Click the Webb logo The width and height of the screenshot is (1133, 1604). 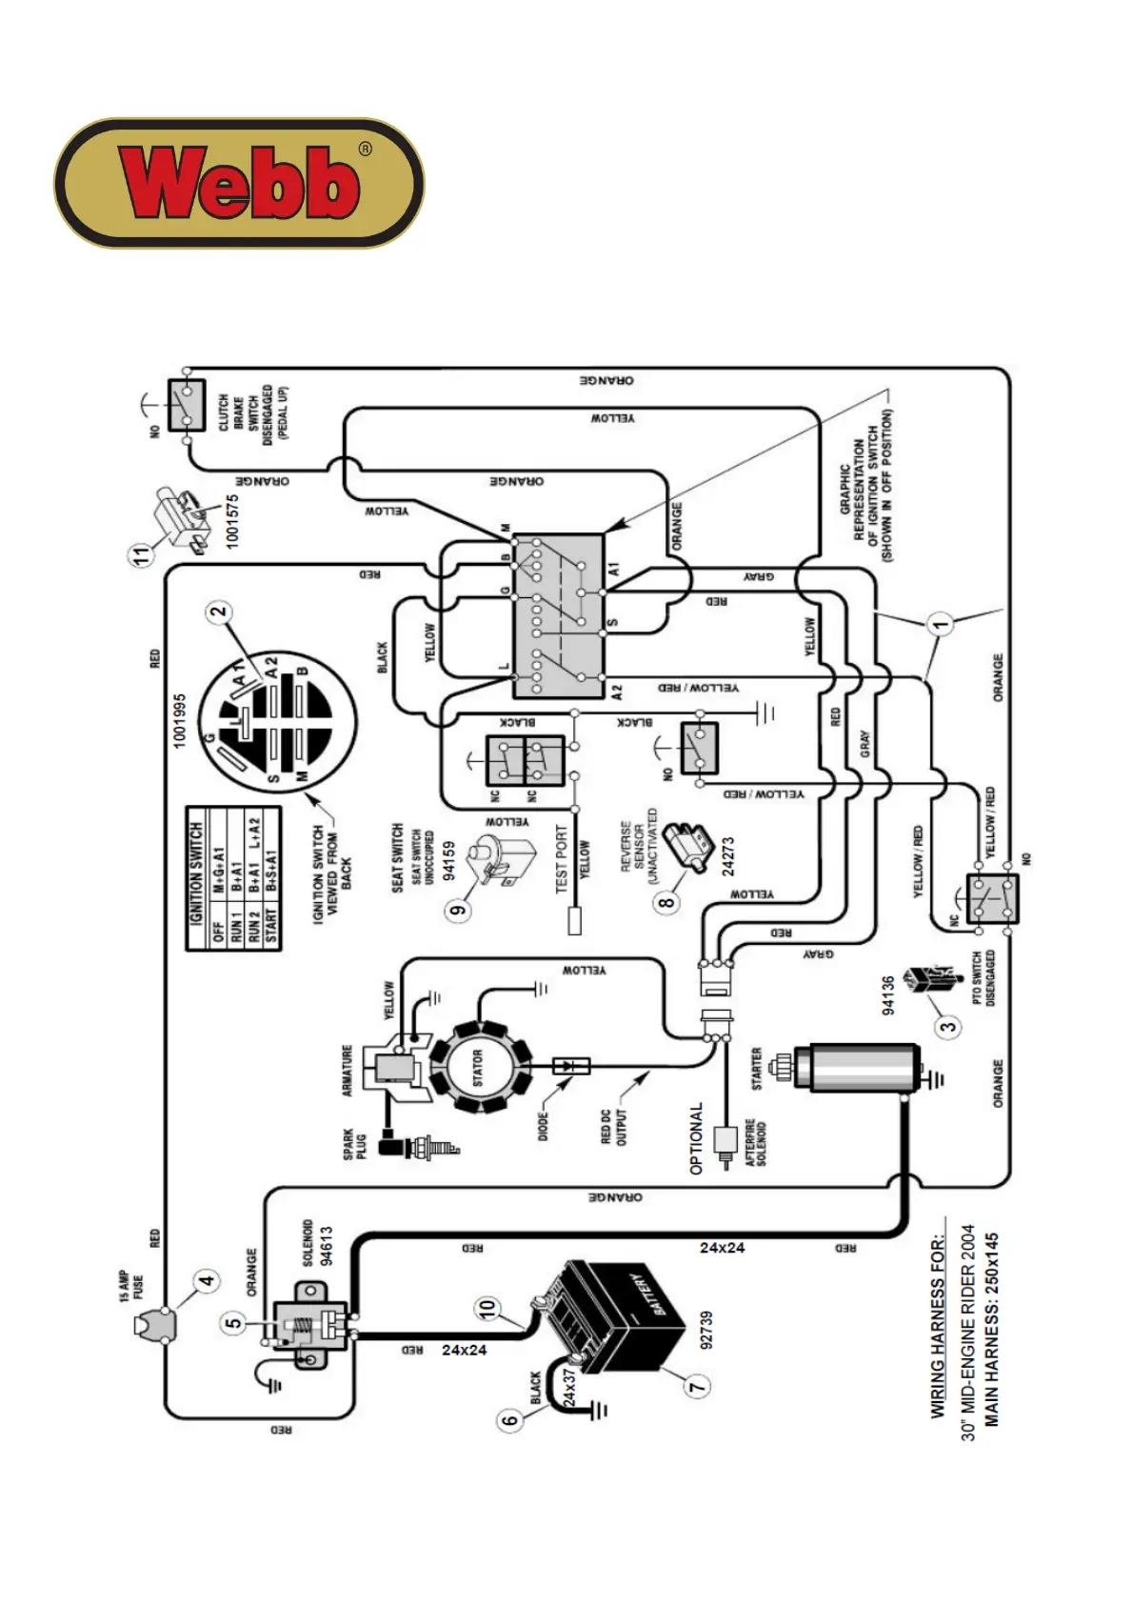238,183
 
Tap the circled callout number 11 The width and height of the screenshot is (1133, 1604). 142,553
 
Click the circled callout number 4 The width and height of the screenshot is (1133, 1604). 208,1280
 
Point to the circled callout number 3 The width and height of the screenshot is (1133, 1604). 948,1026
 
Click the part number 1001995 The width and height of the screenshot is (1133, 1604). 180,721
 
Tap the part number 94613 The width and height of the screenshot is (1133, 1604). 327,1246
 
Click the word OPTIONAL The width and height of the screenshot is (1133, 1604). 696,1138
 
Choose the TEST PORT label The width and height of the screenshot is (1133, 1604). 562,858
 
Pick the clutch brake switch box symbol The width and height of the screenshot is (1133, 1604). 187,405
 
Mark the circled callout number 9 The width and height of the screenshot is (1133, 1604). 459,910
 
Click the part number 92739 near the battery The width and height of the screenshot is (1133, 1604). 706,1329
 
